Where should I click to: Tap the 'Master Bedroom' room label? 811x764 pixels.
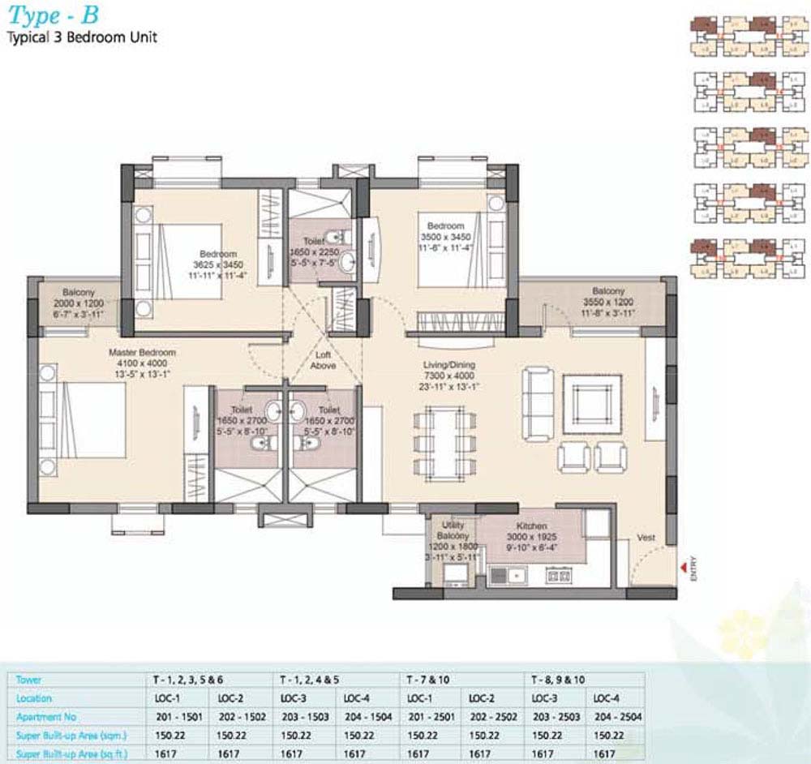[x=143, y=354]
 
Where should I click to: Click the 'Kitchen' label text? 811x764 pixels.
[x=529, y=526]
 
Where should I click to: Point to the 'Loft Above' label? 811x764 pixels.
[x=323, y=360]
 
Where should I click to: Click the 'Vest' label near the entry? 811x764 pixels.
[x=646, y=536]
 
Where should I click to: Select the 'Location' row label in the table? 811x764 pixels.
[x=34, y=697]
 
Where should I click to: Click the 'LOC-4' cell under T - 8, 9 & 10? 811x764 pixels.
[x=607, y=697]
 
